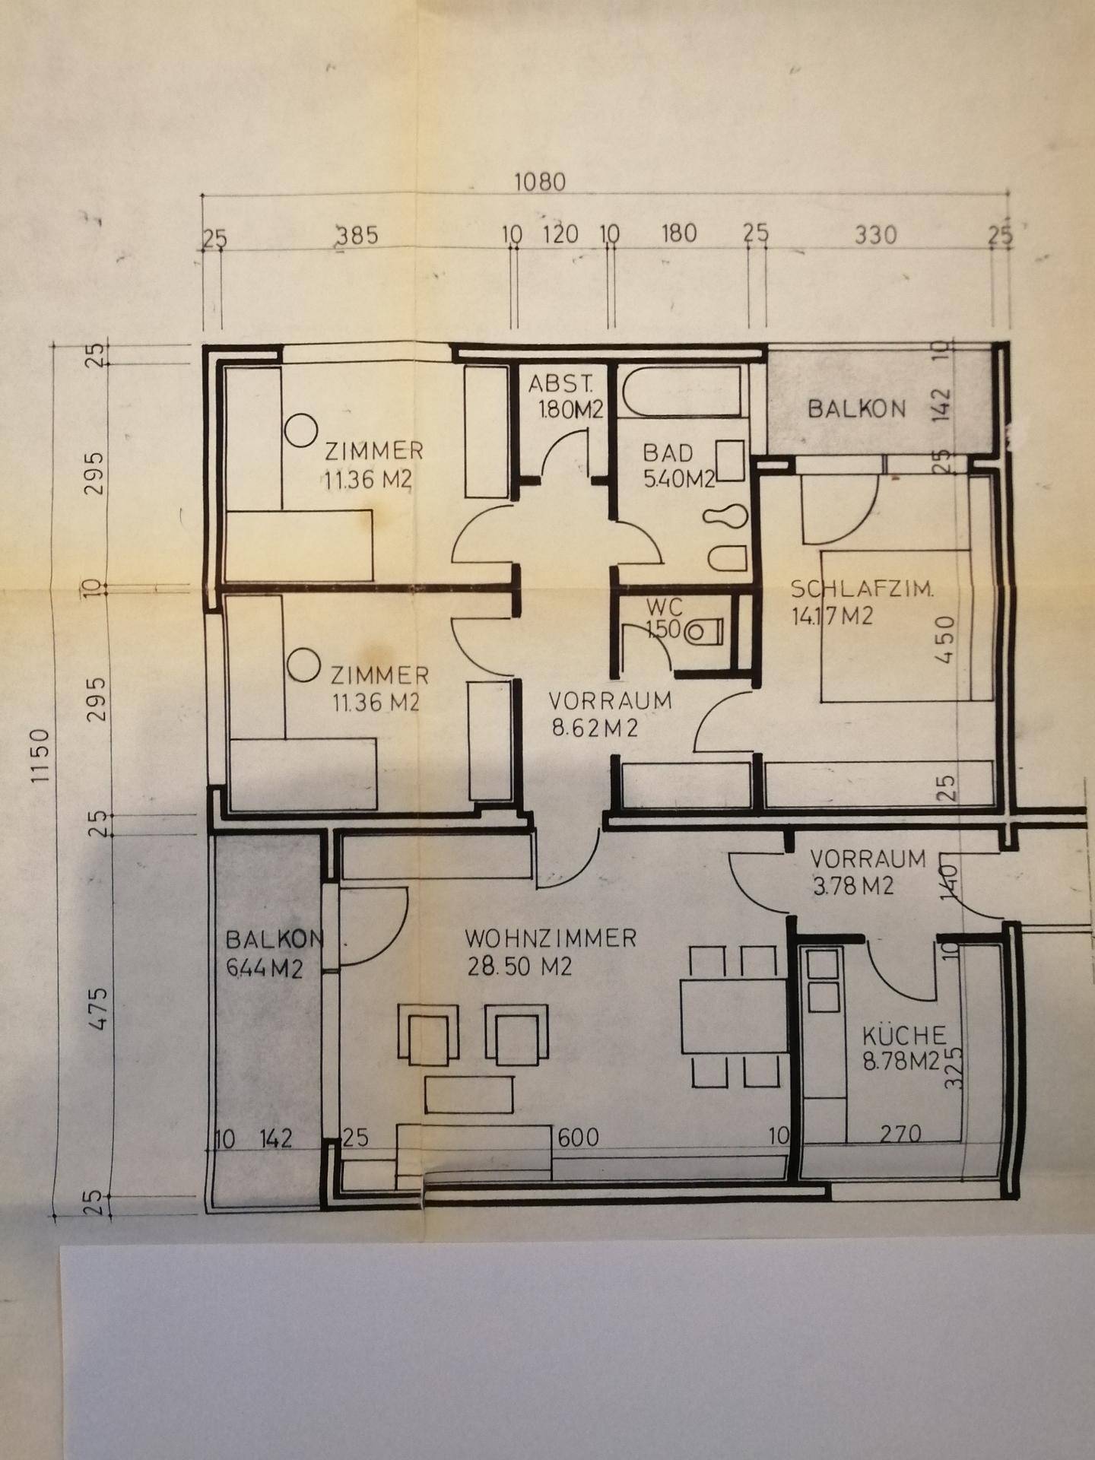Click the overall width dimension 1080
[541, 182]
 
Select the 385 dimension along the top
[357, 235]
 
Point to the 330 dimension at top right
[875, 234]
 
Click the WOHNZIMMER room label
[551, 938]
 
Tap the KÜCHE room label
[904, 1035]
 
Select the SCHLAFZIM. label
[862, 589]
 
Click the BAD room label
[668, 453]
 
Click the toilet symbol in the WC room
[703, 631]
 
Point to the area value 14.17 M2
[832, 617]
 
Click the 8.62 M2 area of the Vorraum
[595, 728]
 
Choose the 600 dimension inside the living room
[579, 1138]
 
